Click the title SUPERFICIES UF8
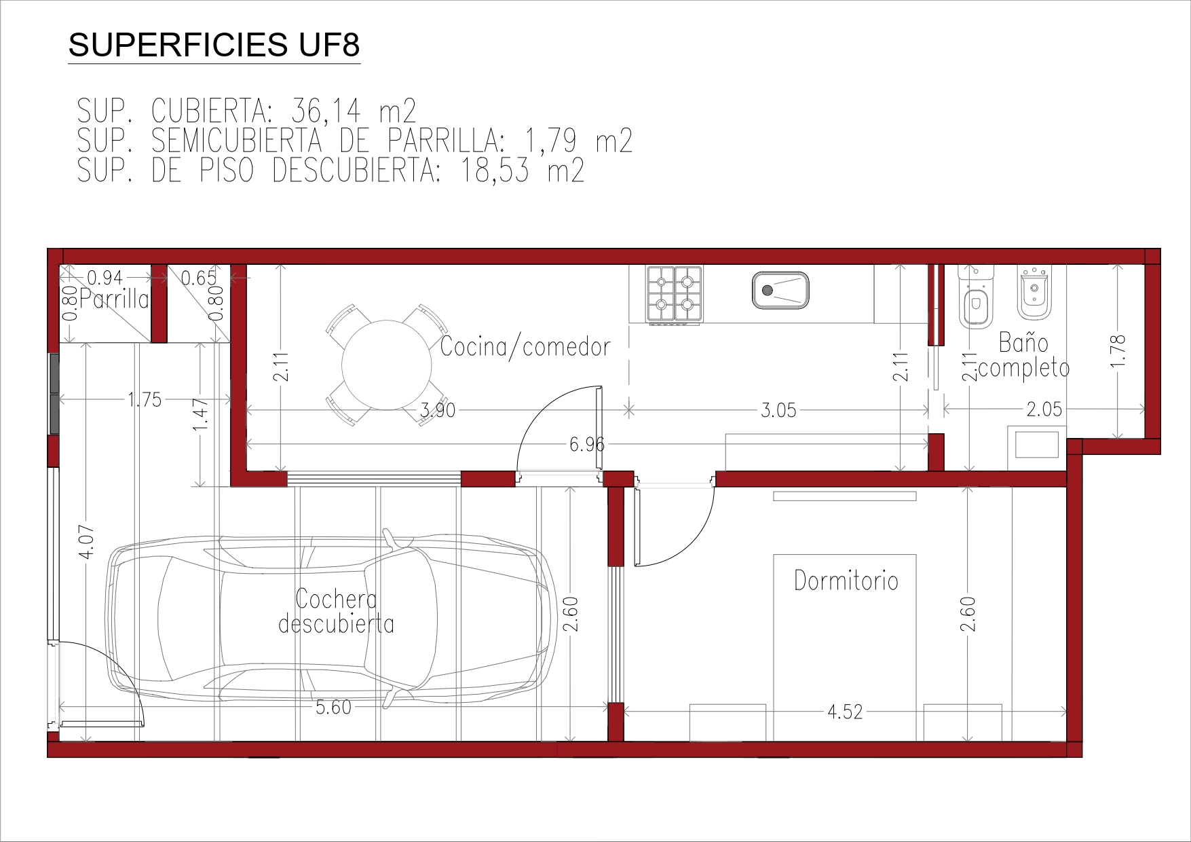click(x=214, y=45)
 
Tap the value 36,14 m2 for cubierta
click(x=353, y=111)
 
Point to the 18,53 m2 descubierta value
click(x=523, y=170)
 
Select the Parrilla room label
click(x=114, y=299)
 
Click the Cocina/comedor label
click(x=525, y=346)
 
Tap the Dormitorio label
click(x=846, y=581)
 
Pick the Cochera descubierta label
click(x=337, y=611)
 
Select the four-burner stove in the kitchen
click(x=675, y=294)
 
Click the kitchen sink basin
click(x=780, y=290)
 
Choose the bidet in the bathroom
click(x=1035, y=292)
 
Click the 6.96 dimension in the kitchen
click(x=587, y=444)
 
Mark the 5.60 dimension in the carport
click(x=334, y=708)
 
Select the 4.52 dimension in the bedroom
click(x=845, y=712)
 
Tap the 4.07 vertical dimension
click(x=87, y=543)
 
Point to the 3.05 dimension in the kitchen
click(x=778, y=410)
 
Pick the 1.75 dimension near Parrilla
click(x=145, y=399)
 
